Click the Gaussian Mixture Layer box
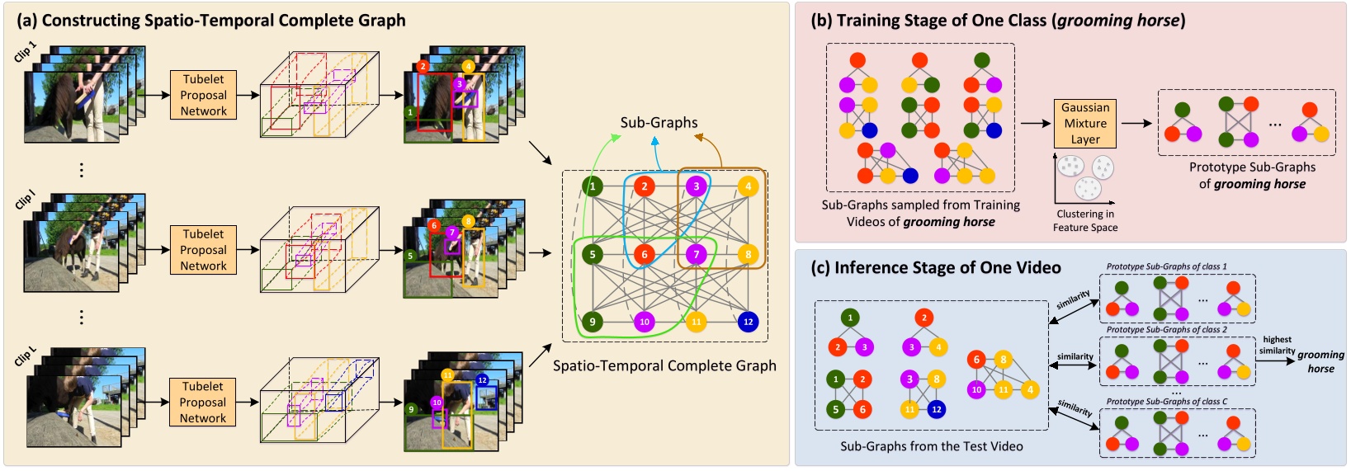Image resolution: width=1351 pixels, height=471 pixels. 1084,124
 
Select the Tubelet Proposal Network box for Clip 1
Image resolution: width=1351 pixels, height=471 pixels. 203,96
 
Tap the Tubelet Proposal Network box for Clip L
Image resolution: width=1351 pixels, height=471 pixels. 203,403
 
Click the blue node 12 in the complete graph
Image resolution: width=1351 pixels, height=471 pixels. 748,322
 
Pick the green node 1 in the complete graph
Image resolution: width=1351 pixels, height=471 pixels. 592,186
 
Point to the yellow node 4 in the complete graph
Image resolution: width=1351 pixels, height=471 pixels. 748,186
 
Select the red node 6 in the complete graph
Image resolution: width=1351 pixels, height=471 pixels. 645,254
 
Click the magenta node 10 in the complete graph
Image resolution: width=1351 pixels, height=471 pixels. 644,322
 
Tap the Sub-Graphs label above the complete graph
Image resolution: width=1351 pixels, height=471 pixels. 659,123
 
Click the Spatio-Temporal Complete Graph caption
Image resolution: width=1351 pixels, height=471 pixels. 664,365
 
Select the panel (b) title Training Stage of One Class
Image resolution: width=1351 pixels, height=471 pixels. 998,21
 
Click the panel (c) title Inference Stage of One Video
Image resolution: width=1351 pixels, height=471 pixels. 936,268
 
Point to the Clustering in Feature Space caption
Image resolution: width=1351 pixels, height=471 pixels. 1084,221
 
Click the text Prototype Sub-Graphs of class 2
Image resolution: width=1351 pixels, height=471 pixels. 1166,330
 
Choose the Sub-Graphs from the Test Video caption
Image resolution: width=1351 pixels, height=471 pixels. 931,446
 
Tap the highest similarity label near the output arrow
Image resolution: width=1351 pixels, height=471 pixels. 1277,345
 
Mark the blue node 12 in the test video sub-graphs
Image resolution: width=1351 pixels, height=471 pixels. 936,409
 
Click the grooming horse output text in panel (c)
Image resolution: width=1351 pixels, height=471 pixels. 1320,361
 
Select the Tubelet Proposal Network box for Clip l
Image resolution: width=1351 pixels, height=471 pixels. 203,250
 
